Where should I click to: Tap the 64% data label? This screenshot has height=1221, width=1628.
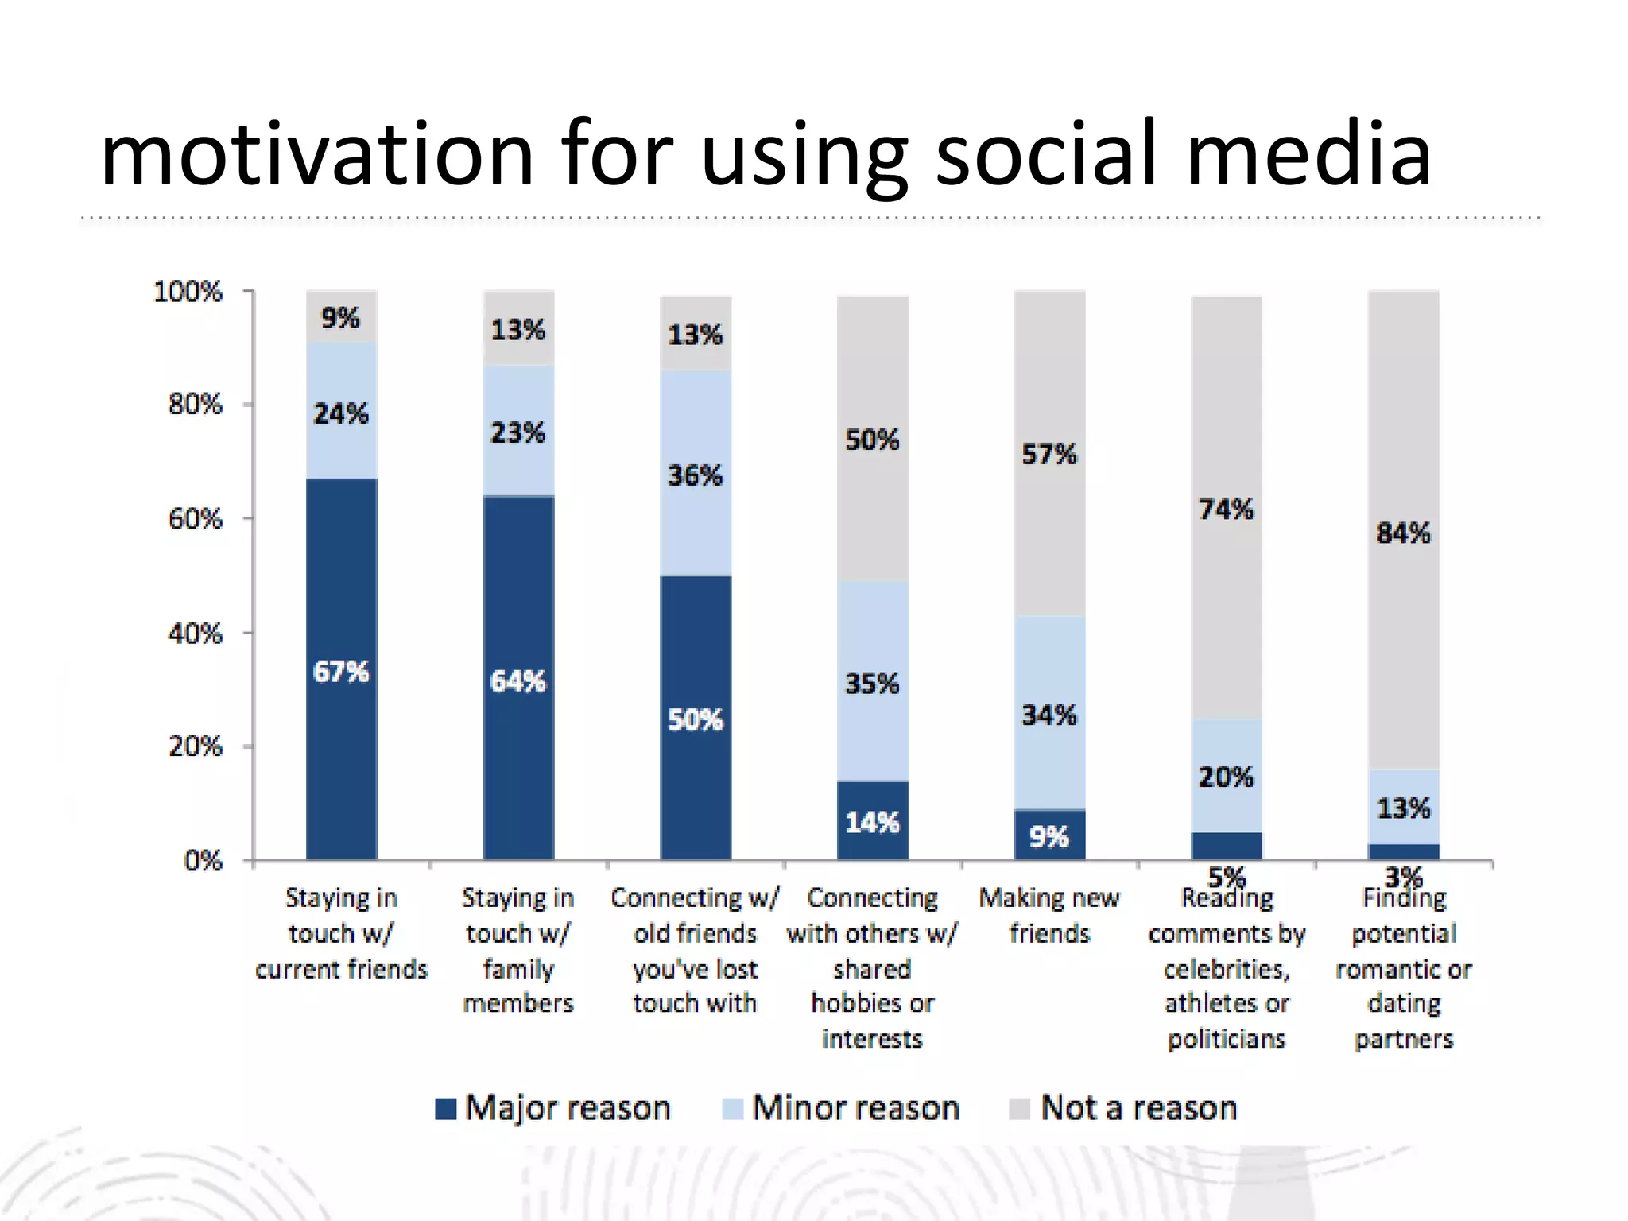pos(518,681)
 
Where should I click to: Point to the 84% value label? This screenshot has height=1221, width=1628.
pos(1403,533)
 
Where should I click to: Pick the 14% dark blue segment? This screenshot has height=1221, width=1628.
pos(872,821)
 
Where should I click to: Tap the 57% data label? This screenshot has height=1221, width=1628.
pos(1049,455)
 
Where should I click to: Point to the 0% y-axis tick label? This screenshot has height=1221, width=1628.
pos(203,861)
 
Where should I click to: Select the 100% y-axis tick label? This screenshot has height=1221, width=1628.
pos(188,292)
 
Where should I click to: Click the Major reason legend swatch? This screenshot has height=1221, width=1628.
pos(446,1108)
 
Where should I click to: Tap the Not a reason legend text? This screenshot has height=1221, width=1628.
pos(1138,1108)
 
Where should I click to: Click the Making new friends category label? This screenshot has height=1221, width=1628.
pos(1049,915)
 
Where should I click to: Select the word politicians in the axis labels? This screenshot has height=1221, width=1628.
pos(1227,1039)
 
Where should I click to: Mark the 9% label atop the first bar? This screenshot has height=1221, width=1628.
pos(340,318)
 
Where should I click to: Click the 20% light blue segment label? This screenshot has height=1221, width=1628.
pos(1226,777)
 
